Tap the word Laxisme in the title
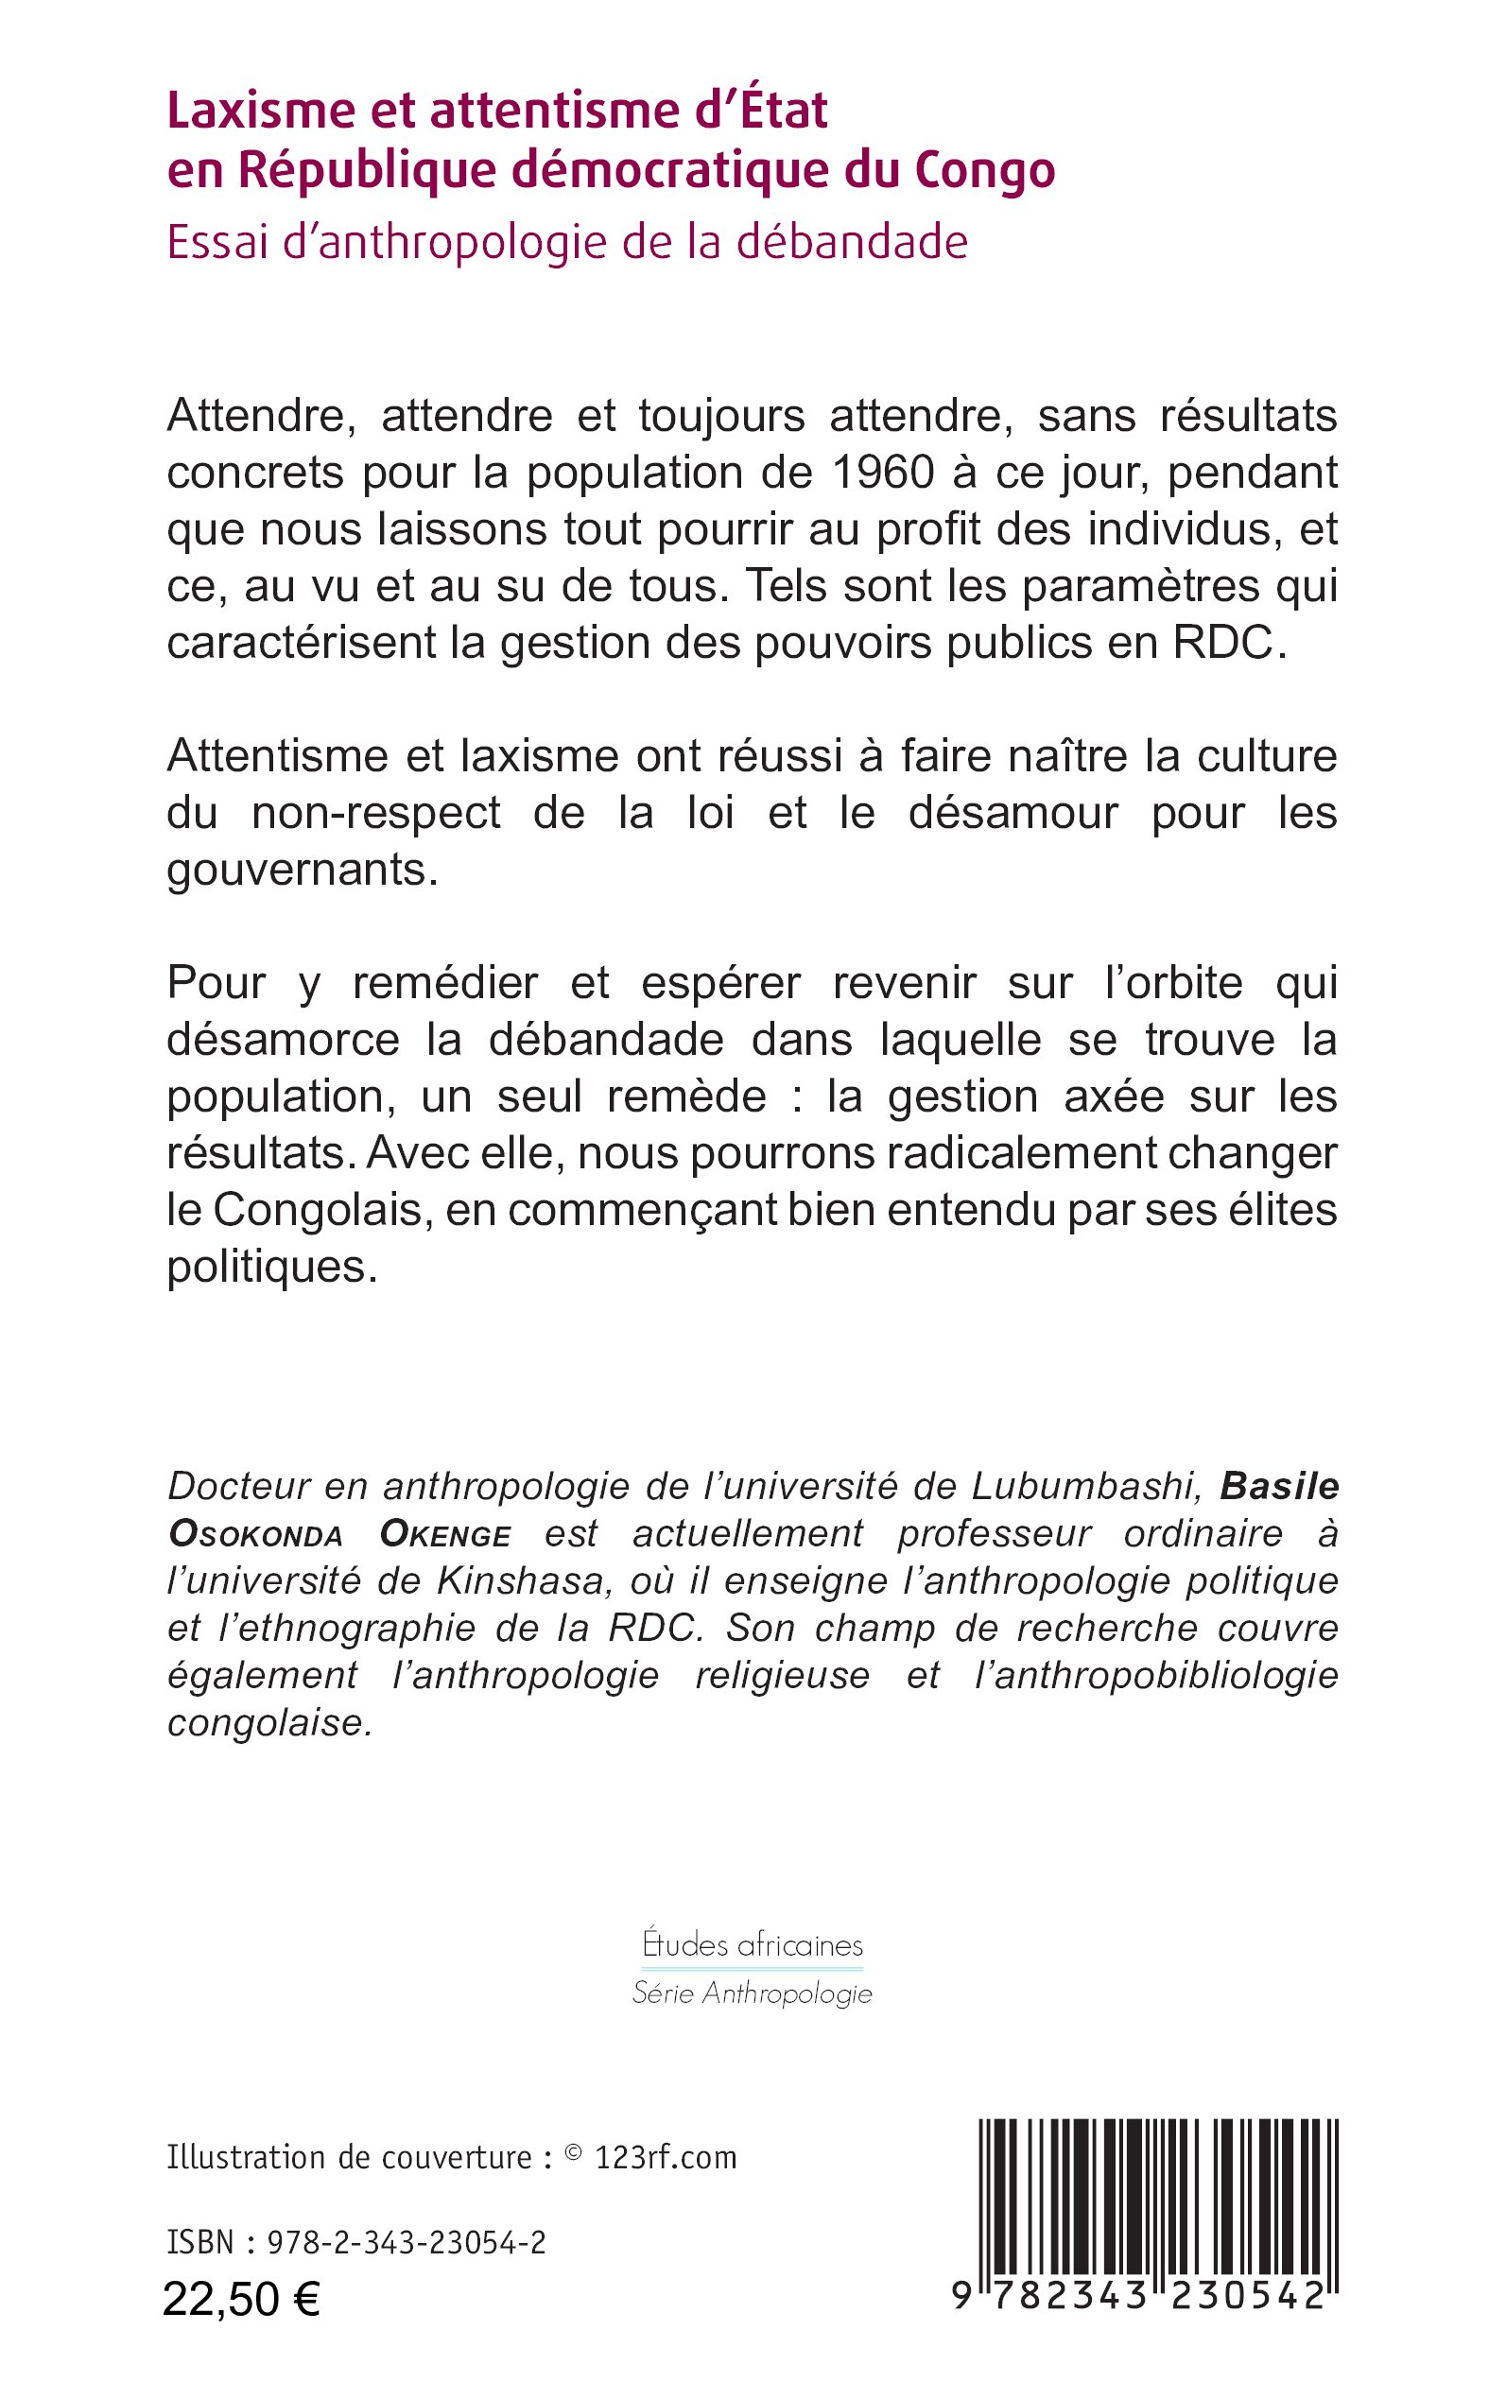(x=258, y=111)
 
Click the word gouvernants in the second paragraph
(x=300, y=871)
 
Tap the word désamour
(x=1013, y=814)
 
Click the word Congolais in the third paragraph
(x=322, y=1210)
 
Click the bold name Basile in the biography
(x=1279, y=1486)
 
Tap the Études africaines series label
(x=752, y=1945)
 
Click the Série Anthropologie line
(x=752, y=1993)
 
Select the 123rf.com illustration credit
(x=665, y=2158)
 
